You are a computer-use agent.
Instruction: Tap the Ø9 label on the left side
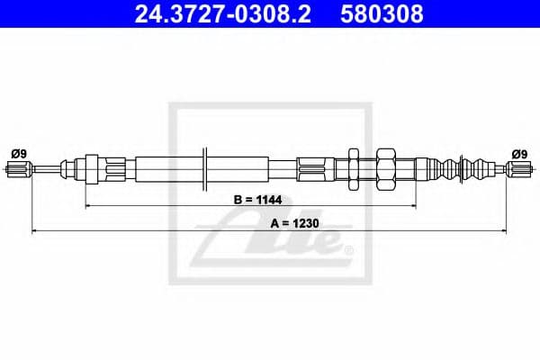[19, 153]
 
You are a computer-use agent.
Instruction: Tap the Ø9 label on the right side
[519, 153]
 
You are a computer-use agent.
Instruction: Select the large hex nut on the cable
[387, 168]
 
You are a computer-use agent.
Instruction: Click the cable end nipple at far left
[20, 167]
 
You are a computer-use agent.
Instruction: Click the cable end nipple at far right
[519, 167]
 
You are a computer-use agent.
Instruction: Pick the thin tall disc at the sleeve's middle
[207, 167]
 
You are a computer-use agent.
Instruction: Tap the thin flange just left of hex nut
[353, 167]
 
